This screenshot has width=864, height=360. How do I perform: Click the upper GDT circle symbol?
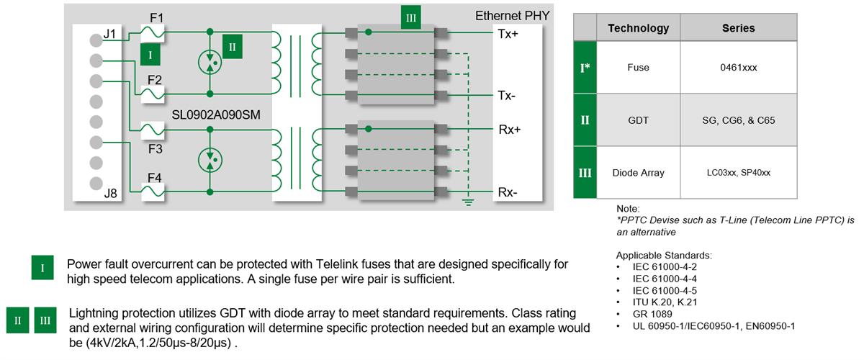click(x=210, y=63)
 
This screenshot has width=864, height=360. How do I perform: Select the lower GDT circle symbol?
click(x=210, y=161)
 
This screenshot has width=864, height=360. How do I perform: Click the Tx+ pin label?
click(x=507, y=33)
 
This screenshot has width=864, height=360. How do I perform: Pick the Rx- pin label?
click(x=507, y=193)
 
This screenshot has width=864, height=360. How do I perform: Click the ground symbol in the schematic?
click(x=469, y=202)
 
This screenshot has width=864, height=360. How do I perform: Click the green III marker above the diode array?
click(x=411, y=18)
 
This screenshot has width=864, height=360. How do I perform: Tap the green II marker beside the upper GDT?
click(x=233, y=46)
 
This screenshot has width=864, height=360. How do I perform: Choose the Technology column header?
click(x=638, y=28)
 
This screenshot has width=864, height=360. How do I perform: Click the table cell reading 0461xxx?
click(x=738, y=68)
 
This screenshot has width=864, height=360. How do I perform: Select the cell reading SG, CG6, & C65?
click(x=738, y=120)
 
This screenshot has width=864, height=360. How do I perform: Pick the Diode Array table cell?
click(x=638, y=173)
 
